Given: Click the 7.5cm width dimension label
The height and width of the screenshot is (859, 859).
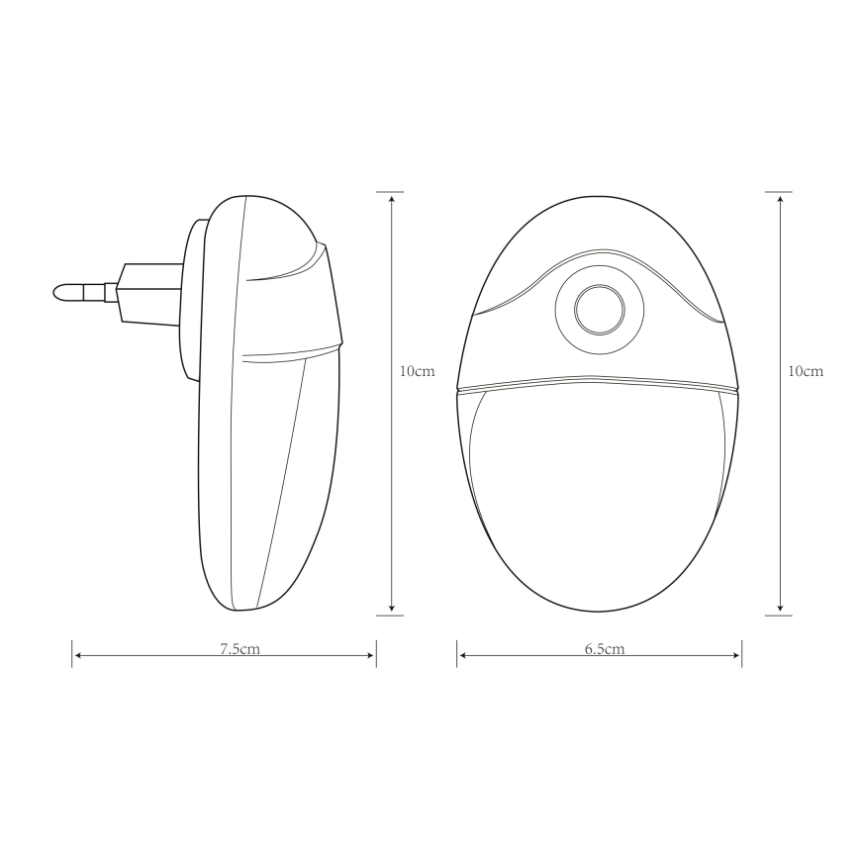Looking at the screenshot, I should coord(239,649).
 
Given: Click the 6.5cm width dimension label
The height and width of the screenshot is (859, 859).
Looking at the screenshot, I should coord(604,649).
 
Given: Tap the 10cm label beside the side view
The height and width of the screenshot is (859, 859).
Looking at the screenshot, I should coord(417,371).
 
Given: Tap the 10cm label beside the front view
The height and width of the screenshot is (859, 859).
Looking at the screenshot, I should coord(805,371).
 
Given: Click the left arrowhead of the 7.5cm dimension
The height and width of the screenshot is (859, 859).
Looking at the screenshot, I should coord(78,654).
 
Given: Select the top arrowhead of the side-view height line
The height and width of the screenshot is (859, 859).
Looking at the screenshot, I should coord(392,198).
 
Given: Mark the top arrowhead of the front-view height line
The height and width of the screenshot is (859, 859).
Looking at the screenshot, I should coord(780,198).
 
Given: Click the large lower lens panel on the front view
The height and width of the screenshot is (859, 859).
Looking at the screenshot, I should coord(598,485).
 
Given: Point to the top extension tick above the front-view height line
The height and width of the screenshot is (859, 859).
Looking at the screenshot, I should coord(780,191).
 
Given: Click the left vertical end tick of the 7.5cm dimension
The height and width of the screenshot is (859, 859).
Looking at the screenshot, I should coord(72,653).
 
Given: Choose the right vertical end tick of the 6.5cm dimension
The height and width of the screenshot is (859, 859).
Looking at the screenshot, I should coord(742,653).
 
